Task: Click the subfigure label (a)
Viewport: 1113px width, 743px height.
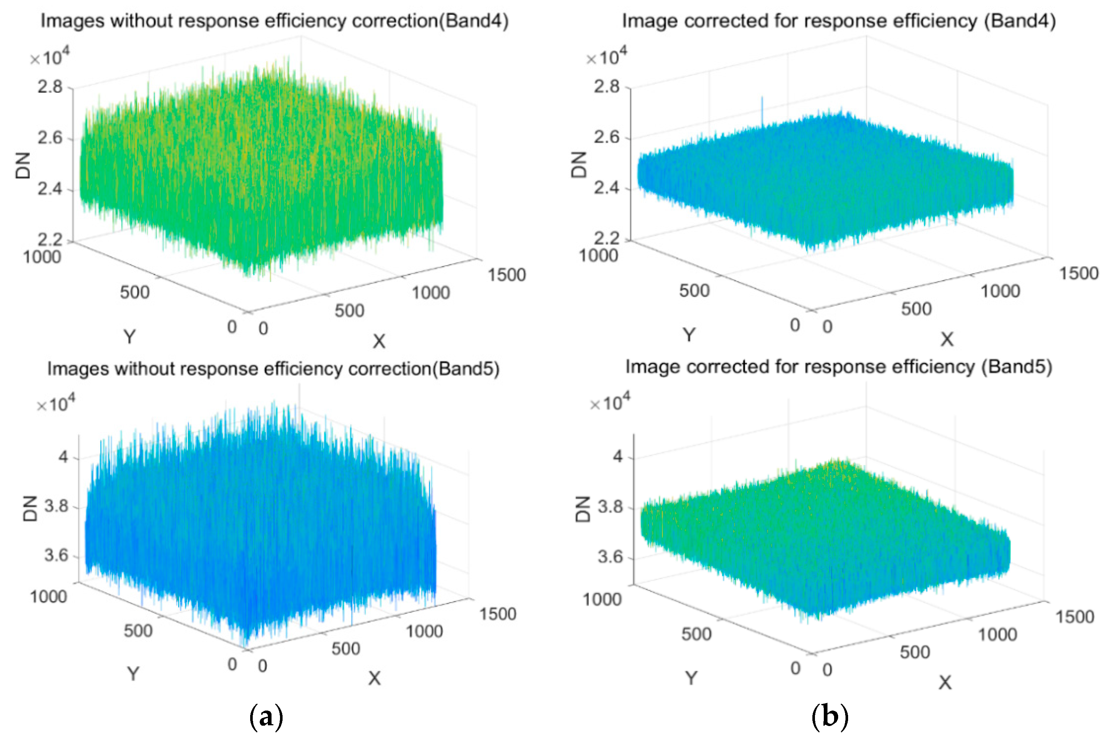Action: tap(266, 717)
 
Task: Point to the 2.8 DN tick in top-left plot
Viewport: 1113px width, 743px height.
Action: tap(50, 87)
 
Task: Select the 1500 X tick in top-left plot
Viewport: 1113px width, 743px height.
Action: tap(507, 275)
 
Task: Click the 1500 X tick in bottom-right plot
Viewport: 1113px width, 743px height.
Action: tap(1075, 617)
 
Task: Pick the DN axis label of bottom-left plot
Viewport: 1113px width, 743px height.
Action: tap(30, 508)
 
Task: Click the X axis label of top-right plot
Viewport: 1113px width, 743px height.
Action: tap(947, 339)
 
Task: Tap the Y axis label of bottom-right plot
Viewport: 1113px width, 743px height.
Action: tap(691, 678)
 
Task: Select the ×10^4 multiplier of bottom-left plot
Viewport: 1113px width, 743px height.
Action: tap(56, 404)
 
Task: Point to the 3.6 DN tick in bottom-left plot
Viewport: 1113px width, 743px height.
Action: tap(57, 555)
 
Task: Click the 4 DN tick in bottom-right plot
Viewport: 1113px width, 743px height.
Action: tap(618, 457)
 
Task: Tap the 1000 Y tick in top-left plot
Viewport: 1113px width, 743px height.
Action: tap(42, 257)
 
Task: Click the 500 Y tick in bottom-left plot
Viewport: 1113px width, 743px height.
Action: tap(138, 631)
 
